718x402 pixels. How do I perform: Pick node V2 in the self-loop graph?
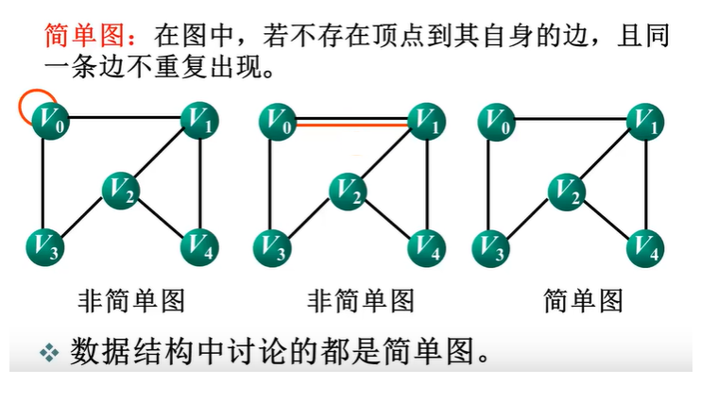[x=120, y=192]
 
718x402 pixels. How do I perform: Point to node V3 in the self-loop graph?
[x=44, y=248]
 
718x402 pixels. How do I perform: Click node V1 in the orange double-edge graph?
[x=426, y=121]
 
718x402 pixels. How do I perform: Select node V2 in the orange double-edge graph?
[x=348, y=192]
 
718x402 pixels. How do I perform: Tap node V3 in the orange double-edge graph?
[x=272, y=248]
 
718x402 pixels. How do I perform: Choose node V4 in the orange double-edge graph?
[x=426, y=247]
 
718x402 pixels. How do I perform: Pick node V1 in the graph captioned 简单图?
[x=646, y=120]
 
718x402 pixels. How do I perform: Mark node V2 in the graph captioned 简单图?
[x=567, y=192]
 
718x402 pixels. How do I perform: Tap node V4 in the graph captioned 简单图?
[x=646, y=247]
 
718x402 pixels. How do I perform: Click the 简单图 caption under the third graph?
[x=583, y=301]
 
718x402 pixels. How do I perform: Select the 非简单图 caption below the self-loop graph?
[x=130, y=301]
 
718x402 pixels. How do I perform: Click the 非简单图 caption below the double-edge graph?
[x=361, y=301]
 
